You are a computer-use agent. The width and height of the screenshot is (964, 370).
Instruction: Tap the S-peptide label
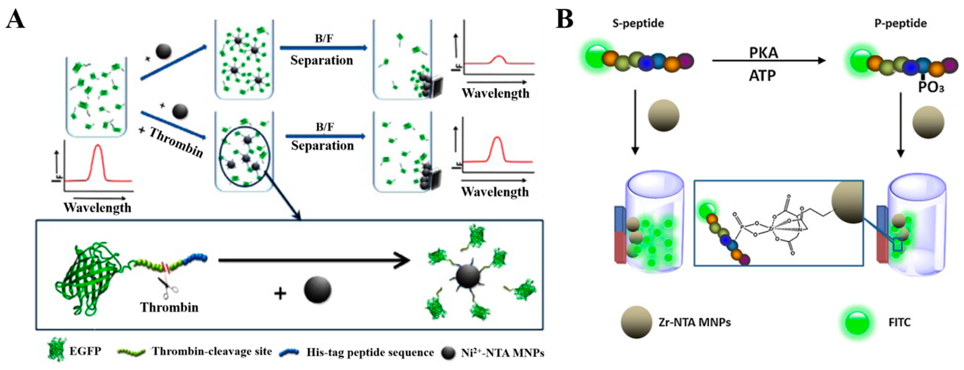(x=638, y=24)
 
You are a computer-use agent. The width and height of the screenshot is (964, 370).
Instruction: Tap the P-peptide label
(x=900, y=24)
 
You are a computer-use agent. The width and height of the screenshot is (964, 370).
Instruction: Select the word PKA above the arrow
(x=763, y=53)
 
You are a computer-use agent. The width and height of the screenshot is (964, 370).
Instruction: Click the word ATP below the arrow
(x=762, y=76)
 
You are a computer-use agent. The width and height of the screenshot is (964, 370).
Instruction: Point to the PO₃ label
(x=931, y=87)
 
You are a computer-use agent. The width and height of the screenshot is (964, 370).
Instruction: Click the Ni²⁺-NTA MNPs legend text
(x=502, y=353)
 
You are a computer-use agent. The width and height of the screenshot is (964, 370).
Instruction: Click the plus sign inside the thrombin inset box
(x=280, y=293)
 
